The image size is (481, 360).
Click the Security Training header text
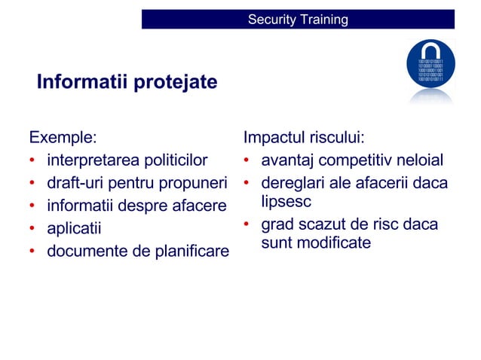tap(298, 20)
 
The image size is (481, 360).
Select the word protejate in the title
tap(175, 81)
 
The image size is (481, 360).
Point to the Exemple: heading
tap(63, 138)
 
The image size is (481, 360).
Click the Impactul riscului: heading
tap(304, 138)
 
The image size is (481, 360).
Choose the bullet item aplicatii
tap(74, 228)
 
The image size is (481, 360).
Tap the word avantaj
tap(288, 160)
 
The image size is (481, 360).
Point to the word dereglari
tap(293, 183)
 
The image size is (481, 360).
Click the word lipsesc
tap(286, 202)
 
